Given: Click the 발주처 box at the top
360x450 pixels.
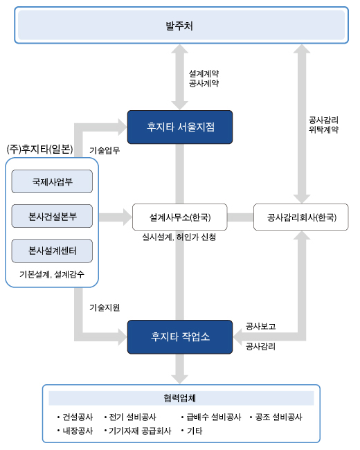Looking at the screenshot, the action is pyautogui.click(x=181, y=25).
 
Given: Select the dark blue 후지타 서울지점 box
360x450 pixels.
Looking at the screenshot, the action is pyautogui.click(x=180, y=127).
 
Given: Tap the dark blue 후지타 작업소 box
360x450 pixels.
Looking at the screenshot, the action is pyautogui.click(x=180, y=336).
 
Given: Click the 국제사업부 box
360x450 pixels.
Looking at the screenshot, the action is pyautogui.click(x=52, y=181).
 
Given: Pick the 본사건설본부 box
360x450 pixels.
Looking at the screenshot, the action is pyautogui.click(x=52, y=216).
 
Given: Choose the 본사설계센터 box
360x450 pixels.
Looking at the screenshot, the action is pyautogui.click(x=52, y=251).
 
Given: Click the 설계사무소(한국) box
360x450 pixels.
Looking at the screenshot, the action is pyautogui.click(x=180, y=217).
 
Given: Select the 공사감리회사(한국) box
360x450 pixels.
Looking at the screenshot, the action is pyautogui.click(x=301, y=217).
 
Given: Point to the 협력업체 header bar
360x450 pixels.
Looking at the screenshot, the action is pyautogui.click(x=181, y=398).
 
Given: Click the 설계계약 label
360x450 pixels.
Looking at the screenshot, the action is pyautogui.click(x=204, y=73).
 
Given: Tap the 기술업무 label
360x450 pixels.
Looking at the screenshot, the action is pyautogui.click(x=105, y=150).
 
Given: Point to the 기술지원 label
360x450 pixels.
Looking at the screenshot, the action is pyautogui.click(x=105, y=307).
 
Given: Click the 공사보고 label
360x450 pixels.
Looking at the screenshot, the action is pyautogui.click(x=261, y=326).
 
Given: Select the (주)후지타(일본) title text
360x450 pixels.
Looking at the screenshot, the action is pyautogui.click(x=40, y=150).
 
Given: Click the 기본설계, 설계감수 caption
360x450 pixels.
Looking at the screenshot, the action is pyautogui.click(x=52, y=274).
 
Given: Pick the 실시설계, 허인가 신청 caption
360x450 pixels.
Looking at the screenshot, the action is pyautogui.click(x=179, y=237).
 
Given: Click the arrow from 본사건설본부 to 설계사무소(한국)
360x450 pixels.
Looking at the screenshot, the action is pyautogui.click(x=116, y=217).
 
